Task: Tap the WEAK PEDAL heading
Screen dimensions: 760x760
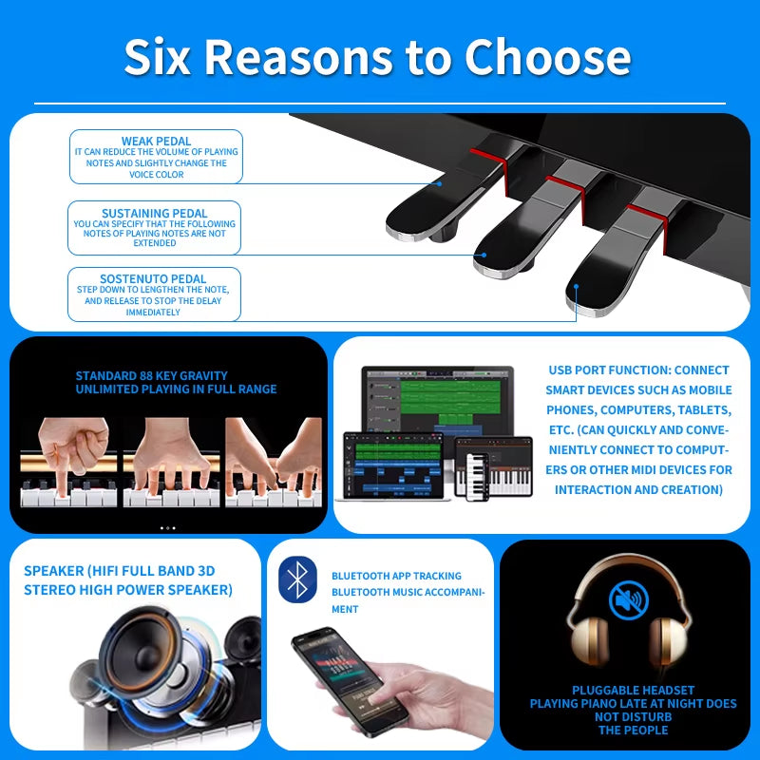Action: [x=157, y=142]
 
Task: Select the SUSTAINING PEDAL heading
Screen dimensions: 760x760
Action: [x=154, y=214]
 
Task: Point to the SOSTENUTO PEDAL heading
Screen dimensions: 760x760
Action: [x=154, y=279]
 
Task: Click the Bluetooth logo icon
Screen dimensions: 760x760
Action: [x=297, y=579]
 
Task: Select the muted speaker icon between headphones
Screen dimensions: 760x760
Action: [x=627, y=599]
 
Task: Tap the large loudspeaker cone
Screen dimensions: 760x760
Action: [x=152, y=655]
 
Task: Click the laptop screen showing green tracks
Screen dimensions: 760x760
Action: [x=437, y=399]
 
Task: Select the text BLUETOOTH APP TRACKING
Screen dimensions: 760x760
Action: [x=396, y=576]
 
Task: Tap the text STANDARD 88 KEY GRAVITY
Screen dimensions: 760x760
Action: [x=152, y=376]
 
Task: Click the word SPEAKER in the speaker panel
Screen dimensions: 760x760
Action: [x=53, y=571]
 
